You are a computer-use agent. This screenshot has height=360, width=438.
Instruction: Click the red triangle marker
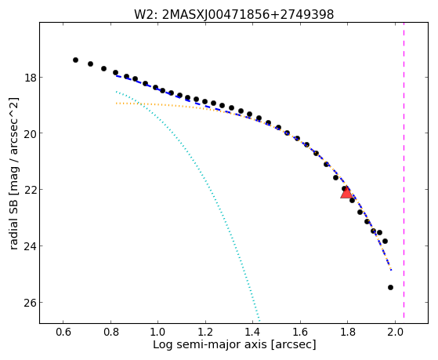[346, 193]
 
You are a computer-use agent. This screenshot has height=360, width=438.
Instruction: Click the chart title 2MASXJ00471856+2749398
[248, 15]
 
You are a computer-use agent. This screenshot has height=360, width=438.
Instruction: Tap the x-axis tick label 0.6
[63, 332]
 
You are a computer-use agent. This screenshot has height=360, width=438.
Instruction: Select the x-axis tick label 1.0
[157, 332]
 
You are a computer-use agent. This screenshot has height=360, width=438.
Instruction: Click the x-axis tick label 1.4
[252, 332]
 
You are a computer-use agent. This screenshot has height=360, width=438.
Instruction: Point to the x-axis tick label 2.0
[395, 332]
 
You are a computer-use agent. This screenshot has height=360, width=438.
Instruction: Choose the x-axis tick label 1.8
[347, 332]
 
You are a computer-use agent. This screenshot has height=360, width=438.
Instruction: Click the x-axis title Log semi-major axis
[209, 344]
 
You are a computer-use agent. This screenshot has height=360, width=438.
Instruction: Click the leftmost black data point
[75, 60]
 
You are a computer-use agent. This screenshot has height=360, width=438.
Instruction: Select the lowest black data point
[390, 288]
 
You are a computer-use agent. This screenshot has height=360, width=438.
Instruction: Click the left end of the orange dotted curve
[116, 104]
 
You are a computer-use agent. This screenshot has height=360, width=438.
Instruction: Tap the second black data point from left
[91, 64]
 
